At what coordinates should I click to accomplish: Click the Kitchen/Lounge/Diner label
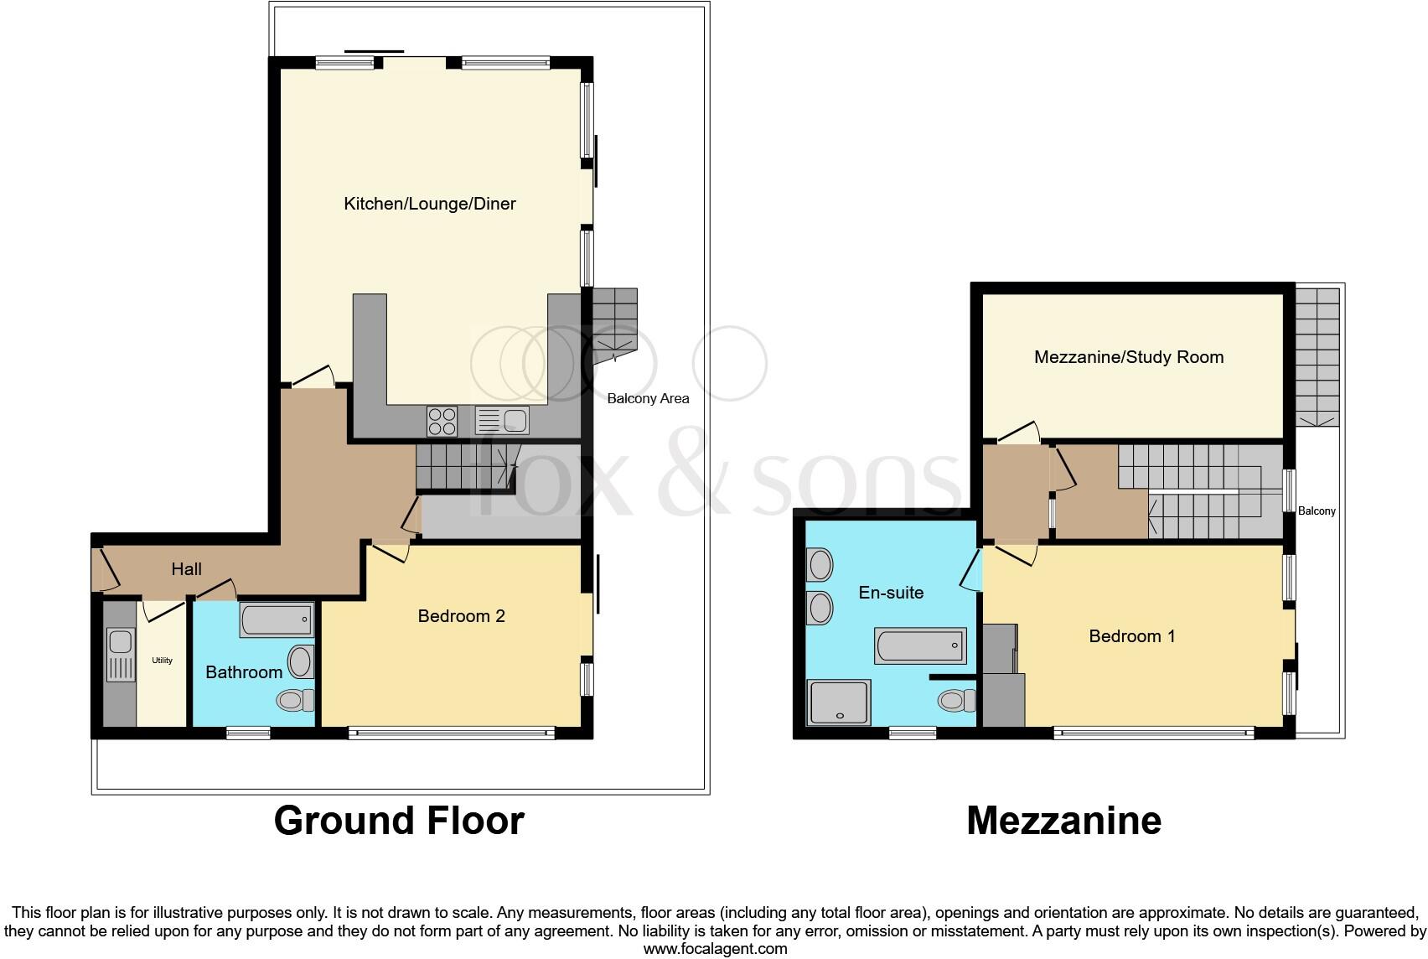point(429,204)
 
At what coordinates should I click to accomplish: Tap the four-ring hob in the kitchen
point(442,420)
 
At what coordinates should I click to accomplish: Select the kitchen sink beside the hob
point(501,419)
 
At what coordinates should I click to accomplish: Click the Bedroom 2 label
point(461,616)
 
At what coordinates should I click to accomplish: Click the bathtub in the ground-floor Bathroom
point(277,620)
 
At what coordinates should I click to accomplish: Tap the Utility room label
point(162,661)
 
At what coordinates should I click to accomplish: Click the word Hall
point(186,569)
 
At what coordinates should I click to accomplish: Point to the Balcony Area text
point(648,399)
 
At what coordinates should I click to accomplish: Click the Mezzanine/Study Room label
point(1128,357)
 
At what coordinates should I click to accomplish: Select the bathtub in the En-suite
point(920,645)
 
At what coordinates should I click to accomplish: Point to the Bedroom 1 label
point(1131,636)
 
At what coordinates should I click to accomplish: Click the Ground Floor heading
point(399,821)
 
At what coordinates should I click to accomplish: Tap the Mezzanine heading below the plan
point(1063,821)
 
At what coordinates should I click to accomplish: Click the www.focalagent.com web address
point(715,949)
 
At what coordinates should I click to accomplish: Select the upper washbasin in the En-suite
point(820,565)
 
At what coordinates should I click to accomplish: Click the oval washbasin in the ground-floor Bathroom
point(301,661)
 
